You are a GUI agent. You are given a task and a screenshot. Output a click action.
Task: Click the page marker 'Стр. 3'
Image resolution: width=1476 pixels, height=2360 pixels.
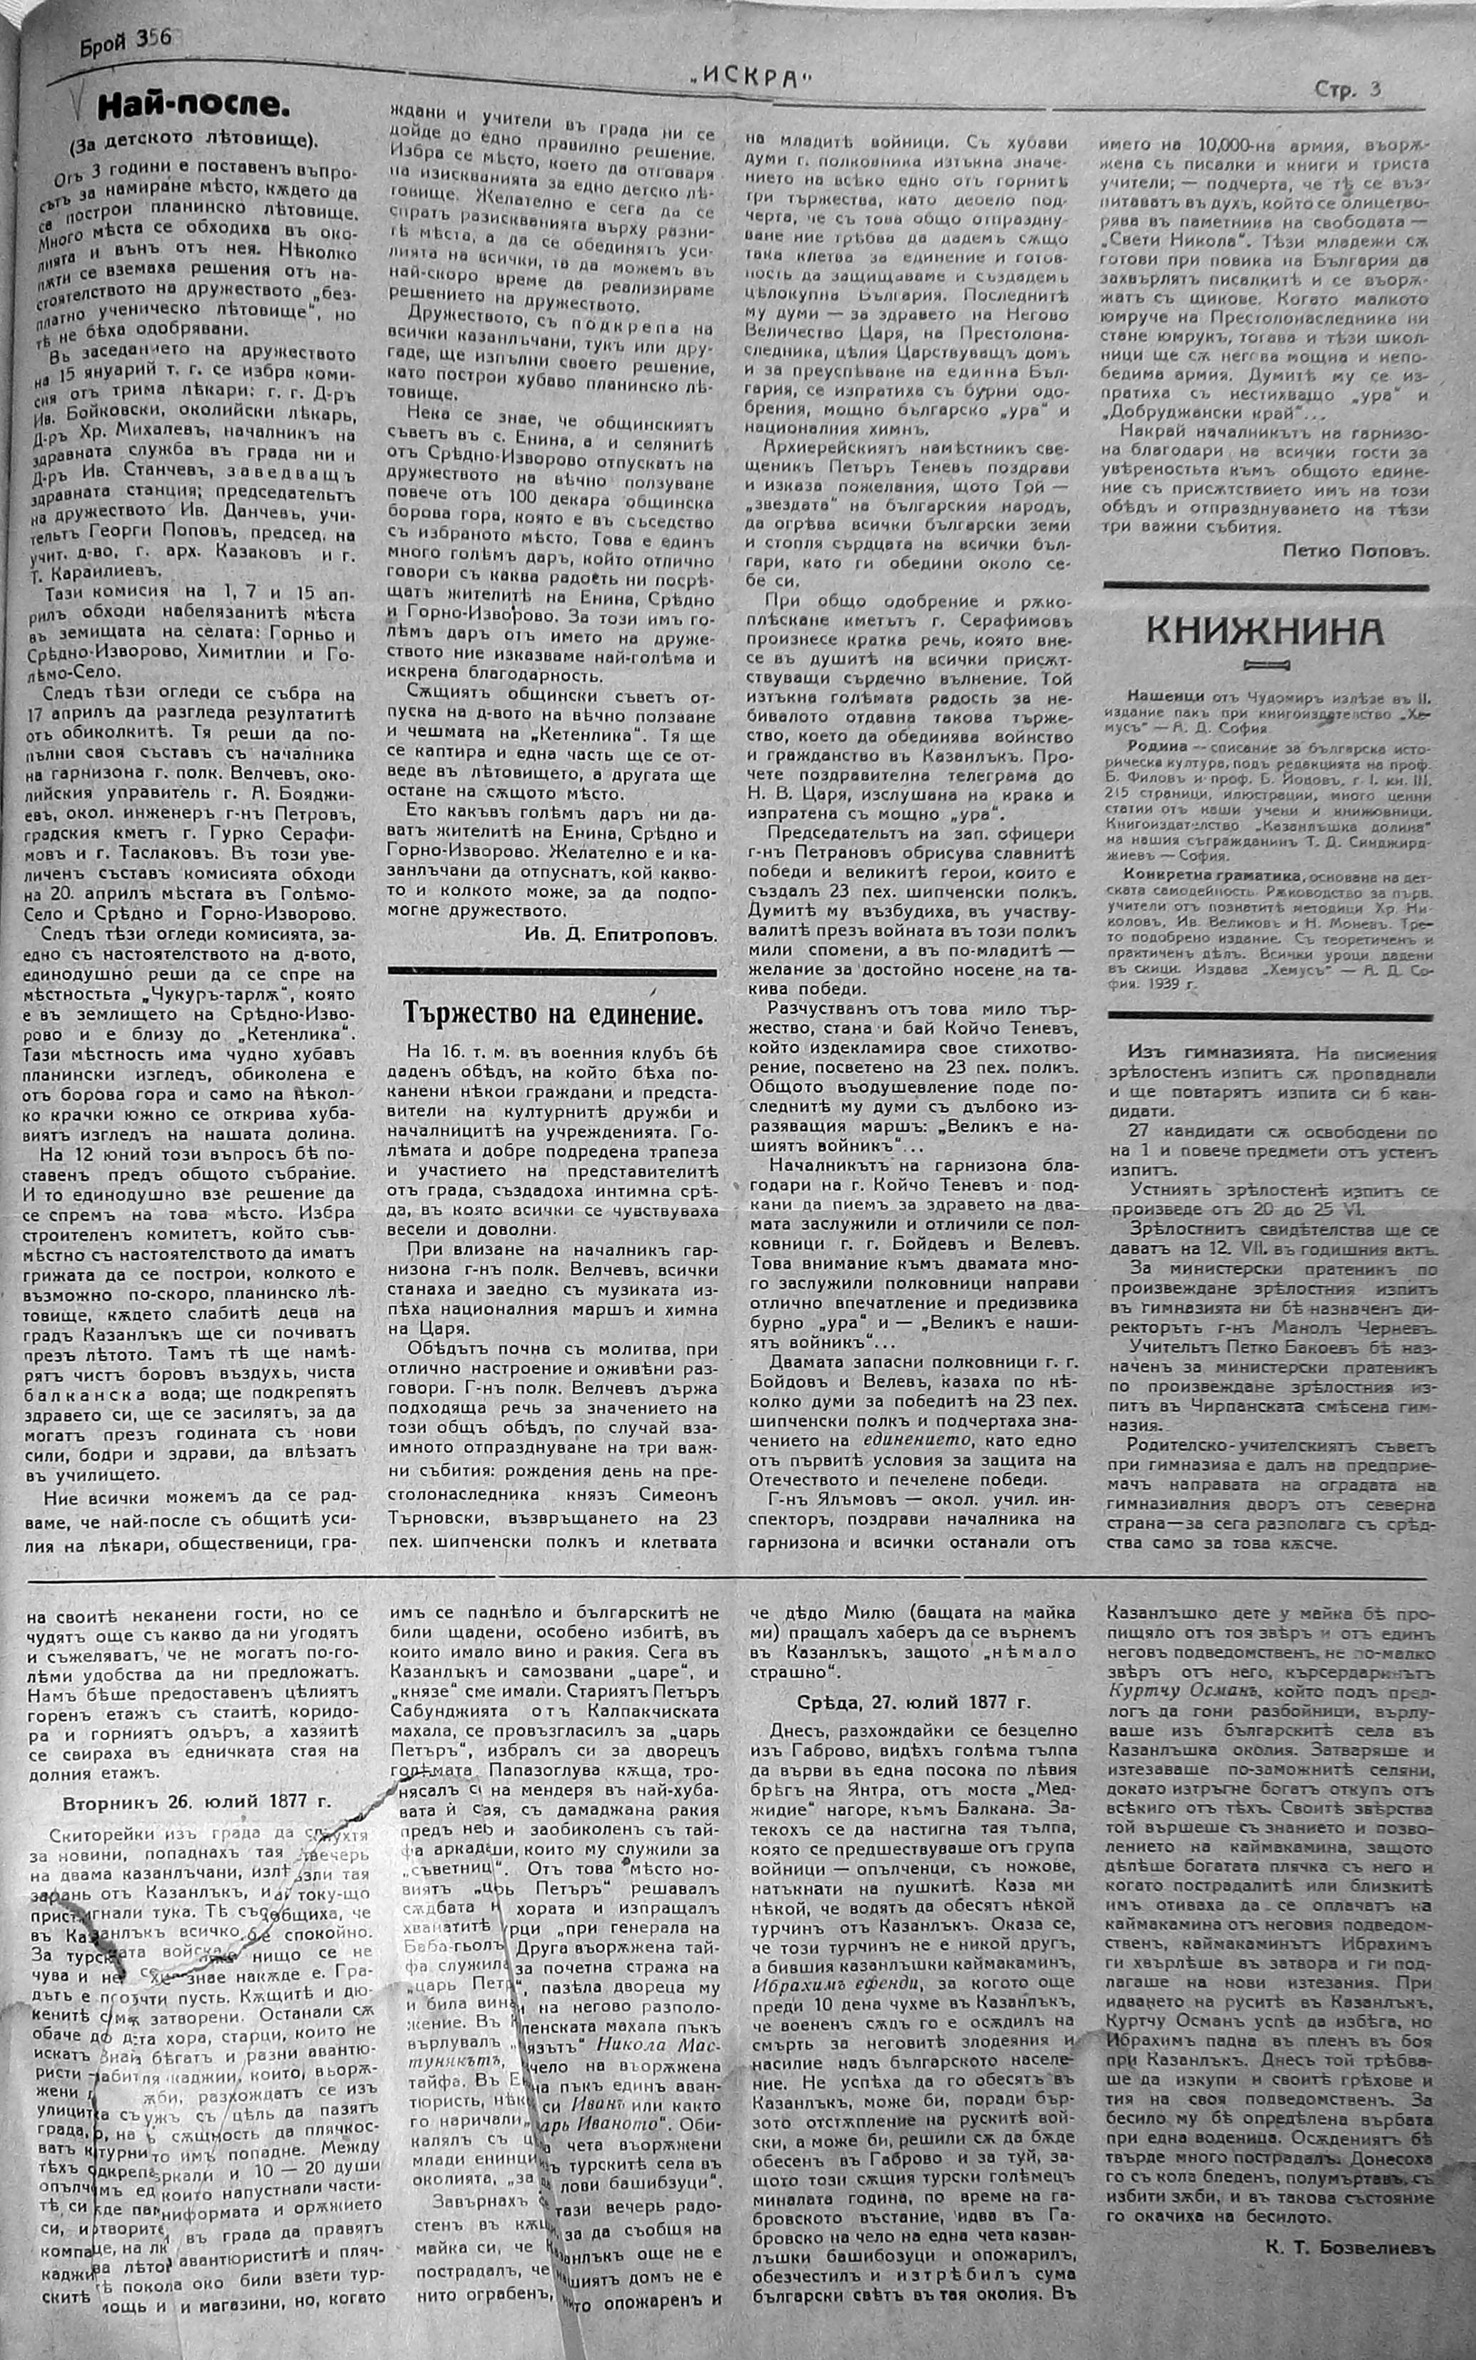(1347, 91)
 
